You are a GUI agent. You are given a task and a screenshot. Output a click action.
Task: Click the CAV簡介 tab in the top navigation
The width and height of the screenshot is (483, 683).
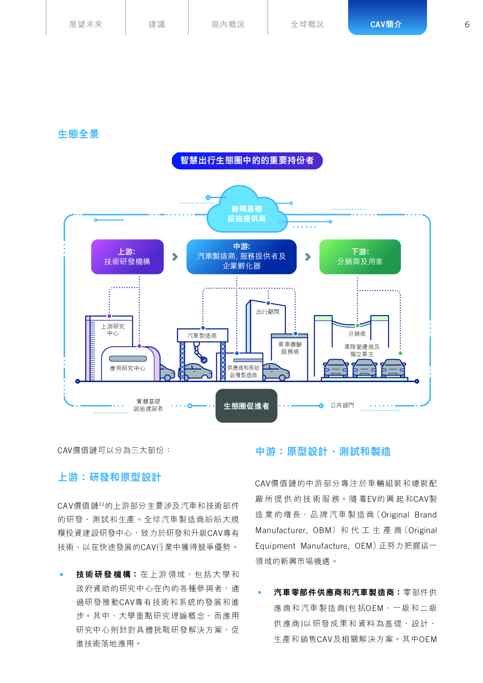click(x=387, y=24)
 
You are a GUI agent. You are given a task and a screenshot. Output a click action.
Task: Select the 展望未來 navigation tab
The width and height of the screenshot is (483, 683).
click(x=86, y=24)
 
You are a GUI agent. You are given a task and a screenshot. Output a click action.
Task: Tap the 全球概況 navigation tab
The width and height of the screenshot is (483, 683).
click(x=307, y=24)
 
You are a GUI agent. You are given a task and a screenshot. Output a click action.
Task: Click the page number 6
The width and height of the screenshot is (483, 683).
click(x=467, y=24)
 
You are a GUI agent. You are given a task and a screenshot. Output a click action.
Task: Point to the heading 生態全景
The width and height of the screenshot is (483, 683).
click(x=78, y=134)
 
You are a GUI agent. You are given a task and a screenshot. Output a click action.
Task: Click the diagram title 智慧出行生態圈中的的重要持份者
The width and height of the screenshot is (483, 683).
click(x=247, y=161)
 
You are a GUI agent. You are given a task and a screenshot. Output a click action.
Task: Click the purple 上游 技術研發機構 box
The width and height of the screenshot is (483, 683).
click(x=127, y=257)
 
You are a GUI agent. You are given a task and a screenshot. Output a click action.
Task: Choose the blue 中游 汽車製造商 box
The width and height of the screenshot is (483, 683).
click(x=241, y=257)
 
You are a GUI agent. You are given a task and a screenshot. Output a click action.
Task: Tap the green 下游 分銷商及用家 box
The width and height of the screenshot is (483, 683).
click(x=360, y=257)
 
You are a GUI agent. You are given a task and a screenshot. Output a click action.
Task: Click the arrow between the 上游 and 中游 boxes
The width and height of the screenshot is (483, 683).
click(x=175, y=257)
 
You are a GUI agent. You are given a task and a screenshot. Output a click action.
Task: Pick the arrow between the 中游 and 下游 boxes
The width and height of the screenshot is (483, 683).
click(x=308, y=257)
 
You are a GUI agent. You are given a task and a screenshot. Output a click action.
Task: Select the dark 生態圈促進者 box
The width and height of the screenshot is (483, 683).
click(x=246, y=406)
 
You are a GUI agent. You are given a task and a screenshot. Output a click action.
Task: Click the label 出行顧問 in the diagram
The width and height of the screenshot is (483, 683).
click(x=268, y=312)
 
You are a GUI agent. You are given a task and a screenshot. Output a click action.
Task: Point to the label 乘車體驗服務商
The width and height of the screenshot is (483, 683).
click(x=290, y=348)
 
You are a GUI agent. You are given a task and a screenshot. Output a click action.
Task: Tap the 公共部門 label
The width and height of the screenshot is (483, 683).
click(x=342, y=405)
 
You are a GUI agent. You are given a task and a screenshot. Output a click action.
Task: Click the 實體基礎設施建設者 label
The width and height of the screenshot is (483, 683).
click(x=148, y=405)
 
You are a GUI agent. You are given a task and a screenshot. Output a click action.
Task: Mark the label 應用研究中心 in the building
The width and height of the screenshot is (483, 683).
click(x=128, y=368)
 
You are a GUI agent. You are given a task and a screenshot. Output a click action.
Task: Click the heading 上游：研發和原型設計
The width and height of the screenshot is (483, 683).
click(x=110, y=477)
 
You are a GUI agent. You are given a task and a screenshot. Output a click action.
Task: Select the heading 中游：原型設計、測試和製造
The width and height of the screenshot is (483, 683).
click(x=323, y=451)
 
